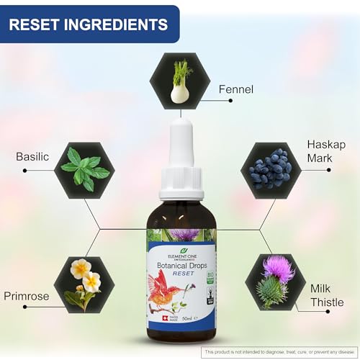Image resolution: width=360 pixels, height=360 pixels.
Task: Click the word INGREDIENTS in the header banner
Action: (120, 24)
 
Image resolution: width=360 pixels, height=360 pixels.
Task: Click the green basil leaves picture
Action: (85, 168)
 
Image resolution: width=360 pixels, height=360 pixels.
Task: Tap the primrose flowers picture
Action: (85, 277)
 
